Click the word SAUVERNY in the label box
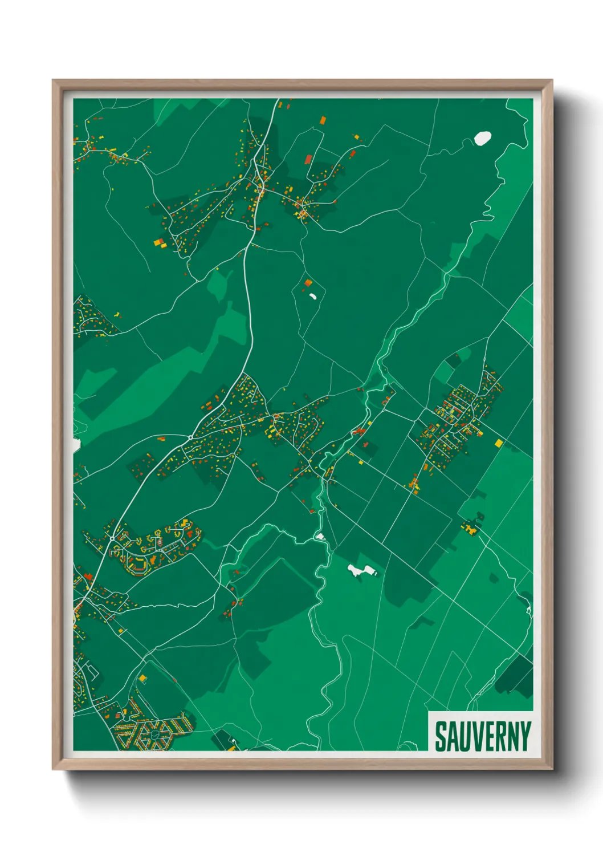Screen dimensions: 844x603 tap(483, 736)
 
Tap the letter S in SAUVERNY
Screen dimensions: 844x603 tap(441, 736)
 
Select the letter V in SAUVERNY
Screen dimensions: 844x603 tap(476, 736)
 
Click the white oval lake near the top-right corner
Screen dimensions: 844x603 tap(483, 138)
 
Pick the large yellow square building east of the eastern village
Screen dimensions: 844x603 tap(499, 443)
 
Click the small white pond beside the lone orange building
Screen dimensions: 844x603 tap(312, 295)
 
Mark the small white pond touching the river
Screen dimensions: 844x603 tap(320, 537)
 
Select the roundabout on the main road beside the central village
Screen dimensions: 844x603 tap(190, 437)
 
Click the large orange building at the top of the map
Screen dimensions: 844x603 tap(323, 120)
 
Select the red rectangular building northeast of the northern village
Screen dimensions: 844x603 tap(308, 159)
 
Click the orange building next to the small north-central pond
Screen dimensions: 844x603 tap(308, 282)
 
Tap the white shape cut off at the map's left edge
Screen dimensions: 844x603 tap(76, 445)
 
